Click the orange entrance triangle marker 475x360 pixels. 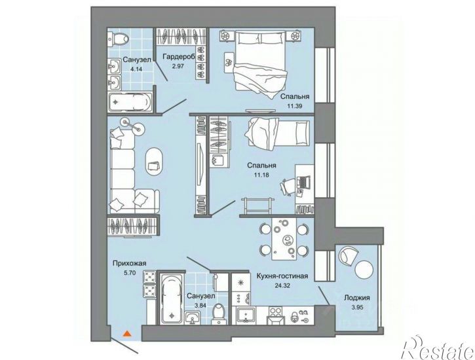[x=127, y=333]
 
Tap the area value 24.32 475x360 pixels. [x=282, y=285]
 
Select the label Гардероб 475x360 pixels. [x=178, y=56]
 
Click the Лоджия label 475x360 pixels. [x=357, y=298]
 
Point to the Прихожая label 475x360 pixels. [x=129, y=263]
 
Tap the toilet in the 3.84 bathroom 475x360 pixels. [x=218, y=314]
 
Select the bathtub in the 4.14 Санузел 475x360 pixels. [x=130, y=102]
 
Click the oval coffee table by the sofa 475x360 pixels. [x=155, y=162]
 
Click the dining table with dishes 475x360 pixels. [x=284, y=239]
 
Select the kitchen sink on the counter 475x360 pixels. [x=246, y=316]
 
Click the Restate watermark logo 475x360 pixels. [x=437, y=348]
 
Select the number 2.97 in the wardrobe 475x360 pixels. [x=178, y=66]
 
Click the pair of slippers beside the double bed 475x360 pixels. [x=229, y=62]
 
